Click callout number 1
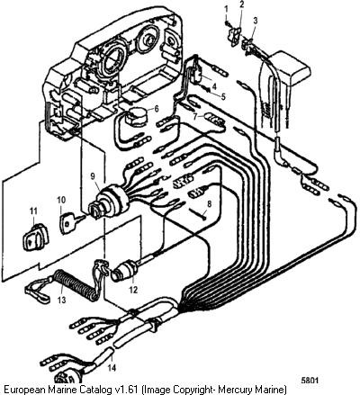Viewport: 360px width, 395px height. pos(227,9)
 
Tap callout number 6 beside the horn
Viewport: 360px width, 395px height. pos(157,109)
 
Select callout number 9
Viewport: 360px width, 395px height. pos(94,176)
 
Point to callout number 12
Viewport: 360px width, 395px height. pos(133,290)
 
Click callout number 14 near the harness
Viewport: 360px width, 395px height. pos(112,367)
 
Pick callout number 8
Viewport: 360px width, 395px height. pos(209,203)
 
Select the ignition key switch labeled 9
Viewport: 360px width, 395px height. pos(110,201)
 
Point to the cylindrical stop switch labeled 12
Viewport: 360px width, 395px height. pos(124,270)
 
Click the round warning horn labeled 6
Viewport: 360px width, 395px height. pos(137,115)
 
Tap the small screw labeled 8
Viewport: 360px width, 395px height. pos(197,213)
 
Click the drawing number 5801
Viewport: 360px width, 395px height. pos(310,380)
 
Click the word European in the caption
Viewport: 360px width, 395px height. pos(24,390)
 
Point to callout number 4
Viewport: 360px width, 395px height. pos(214,86)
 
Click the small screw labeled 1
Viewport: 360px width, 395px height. pos(228,22)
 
